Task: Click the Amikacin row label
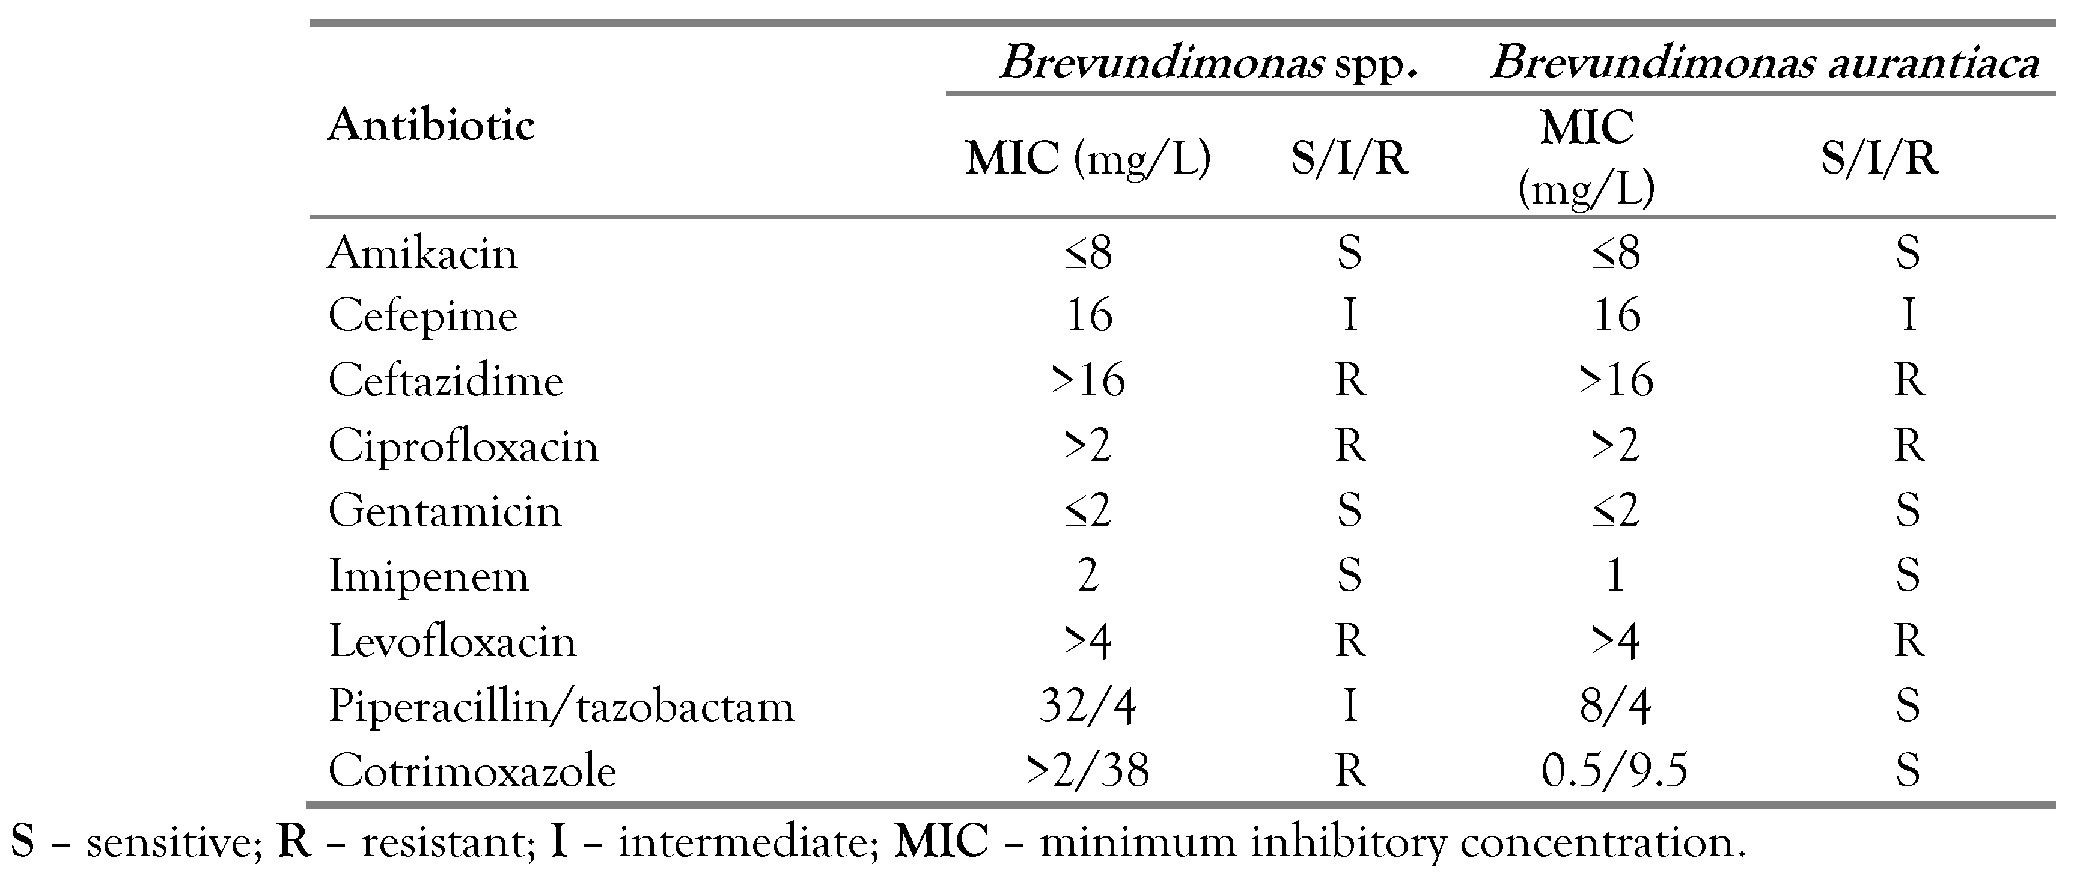pos(422,253)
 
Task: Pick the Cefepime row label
pos(422,316)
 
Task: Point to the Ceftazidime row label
pos(445,380)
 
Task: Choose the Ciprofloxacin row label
pos(463,446)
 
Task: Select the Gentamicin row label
pos(444,511)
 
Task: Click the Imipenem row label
pos(428,576)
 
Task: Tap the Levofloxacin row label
pos(453,642)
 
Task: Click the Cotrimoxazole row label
pos(472,771)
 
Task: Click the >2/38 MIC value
pos(1088,771)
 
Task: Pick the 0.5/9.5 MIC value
pos(1614,771)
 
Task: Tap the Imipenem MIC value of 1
pos(1615,576)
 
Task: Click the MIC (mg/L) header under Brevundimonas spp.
pos(1088,159)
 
